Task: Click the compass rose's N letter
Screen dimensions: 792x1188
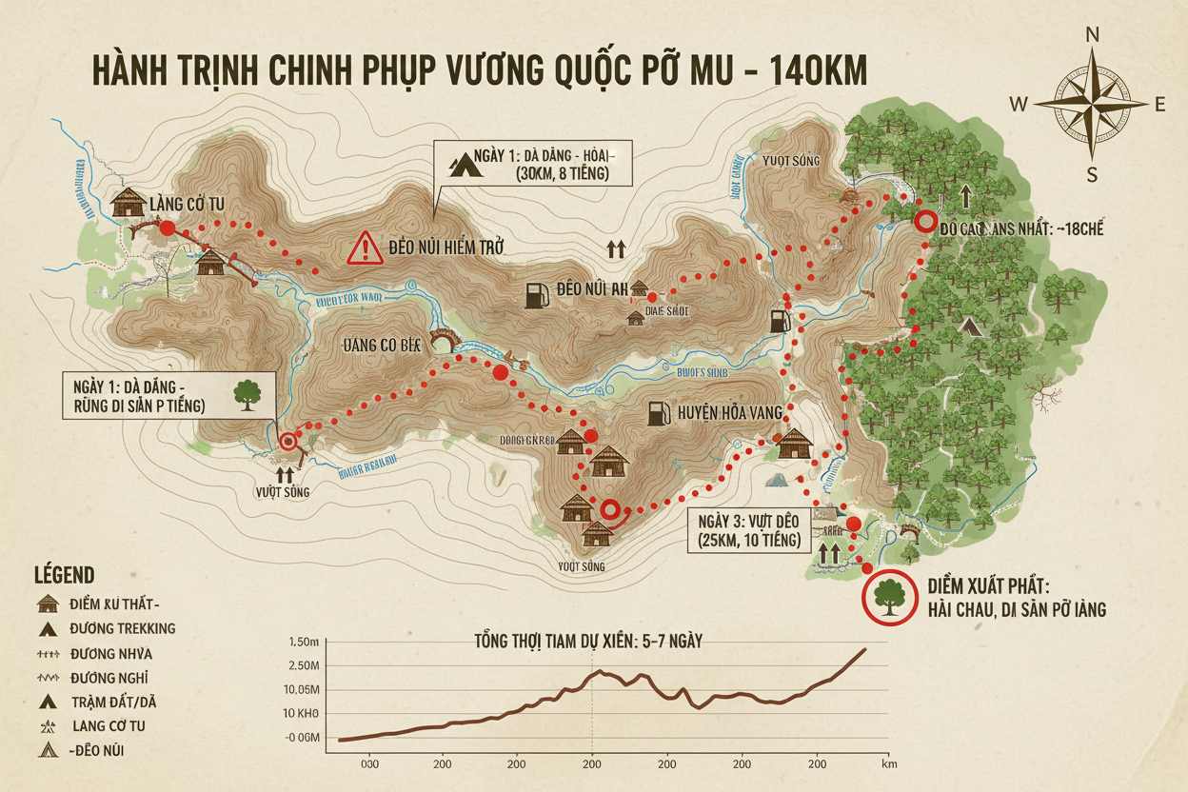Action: tap(1092, 35)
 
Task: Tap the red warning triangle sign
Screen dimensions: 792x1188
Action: tap(365, 248)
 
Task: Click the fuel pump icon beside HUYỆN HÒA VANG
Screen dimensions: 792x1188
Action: tap(657, 413)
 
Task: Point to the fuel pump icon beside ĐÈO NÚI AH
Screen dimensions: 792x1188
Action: tap(537, 294)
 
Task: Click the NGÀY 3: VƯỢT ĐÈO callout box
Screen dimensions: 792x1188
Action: tap(749, 531)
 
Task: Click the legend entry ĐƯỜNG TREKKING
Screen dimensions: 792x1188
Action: tap(122, 628)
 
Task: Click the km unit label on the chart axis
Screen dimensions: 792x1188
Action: tap(890, 763)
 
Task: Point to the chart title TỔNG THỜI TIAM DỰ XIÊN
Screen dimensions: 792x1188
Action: tap(588, 641)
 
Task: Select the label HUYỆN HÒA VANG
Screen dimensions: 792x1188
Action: tap(731, 412)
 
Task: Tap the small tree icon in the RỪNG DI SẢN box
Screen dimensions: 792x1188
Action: tap(247, 395)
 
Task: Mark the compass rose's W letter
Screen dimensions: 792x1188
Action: tap(1018, 105)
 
